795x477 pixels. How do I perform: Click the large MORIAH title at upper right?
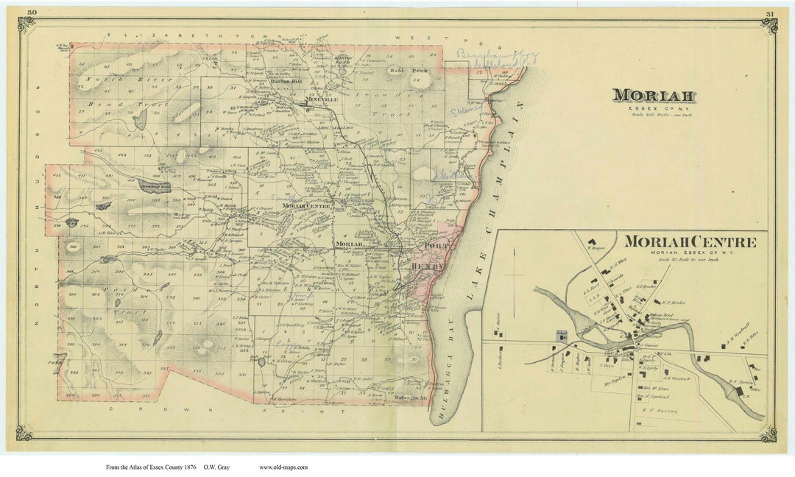pos(654,96)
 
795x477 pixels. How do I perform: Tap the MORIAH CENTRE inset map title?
pos(690,242)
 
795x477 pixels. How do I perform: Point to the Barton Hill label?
pos(289,82)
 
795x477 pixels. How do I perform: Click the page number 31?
pos(768,13)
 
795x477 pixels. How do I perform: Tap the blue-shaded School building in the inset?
pos(562,335)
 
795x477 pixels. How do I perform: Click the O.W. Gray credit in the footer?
pos(229,467)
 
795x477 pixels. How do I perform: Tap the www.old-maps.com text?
pos(283,467)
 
